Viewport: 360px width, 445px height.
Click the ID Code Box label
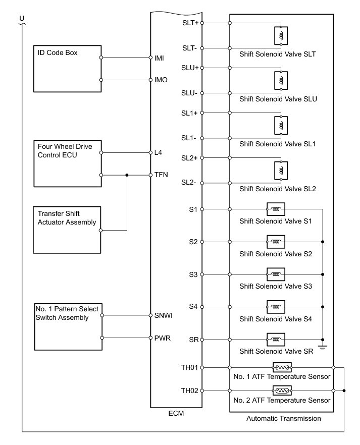coord(57,52)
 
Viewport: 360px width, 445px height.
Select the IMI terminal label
coord(160,58)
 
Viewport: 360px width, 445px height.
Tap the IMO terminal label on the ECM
coord(161,80)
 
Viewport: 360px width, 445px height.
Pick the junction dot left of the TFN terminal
coord(127,175)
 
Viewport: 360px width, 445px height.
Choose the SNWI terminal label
coord(164,316)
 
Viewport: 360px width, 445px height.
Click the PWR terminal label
coord(162,338)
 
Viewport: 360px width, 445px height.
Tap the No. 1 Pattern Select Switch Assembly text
coord(69,313)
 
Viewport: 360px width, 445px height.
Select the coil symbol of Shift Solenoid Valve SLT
coord(280,35)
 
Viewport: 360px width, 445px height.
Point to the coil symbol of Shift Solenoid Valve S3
coord(276,275)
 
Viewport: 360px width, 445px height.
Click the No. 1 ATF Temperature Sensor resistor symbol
coord(282,368)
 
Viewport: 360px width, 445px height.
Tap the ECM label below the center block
coord(176,414)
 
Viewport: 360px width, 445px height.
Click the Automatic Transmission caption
coord(283,418)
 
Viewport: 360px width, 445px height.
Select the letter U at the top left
coord(21,19)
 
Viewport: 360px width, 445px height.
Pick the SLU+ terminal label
coord(190,68)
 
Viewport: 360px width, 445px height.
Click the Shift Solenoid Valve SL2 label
coord(277,189)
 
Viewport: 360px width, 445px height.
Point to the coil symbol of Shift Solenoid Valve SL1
coord(280,125)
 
